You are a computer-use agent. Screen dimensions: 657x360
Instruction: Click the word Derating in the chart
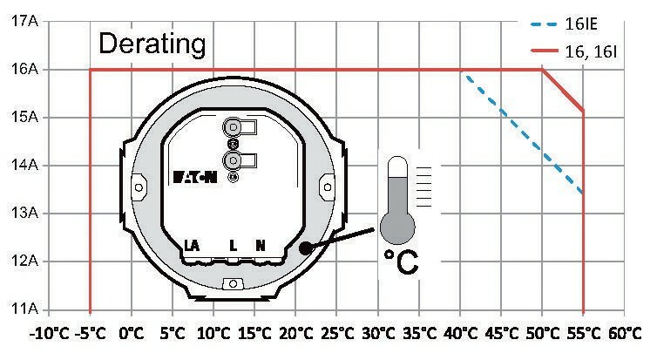tap(152, 44)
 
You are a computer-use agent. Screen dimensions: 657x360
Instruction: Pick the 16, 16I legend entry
tap(573, 51)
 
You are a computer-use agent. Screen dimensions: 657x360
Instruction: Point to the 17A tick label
tap(24, 21)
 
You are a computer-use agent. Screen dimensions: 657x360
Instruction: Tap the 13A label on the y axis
tap(24, 213)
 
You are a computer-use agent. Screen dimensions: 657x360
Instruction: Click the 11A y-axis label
tap(24, 309)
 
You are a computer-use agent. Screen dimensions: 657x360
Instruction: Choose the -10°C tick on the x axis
tap(49, 334)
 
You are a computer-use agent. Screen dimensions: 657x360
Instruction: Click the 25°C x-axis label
tap(337, 334)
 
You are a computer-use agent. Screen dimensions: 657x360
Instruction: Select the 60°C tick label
tap(625, 334)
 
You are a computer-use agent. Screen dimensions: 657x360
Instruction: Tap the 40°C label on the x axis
tap(460, 334)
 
